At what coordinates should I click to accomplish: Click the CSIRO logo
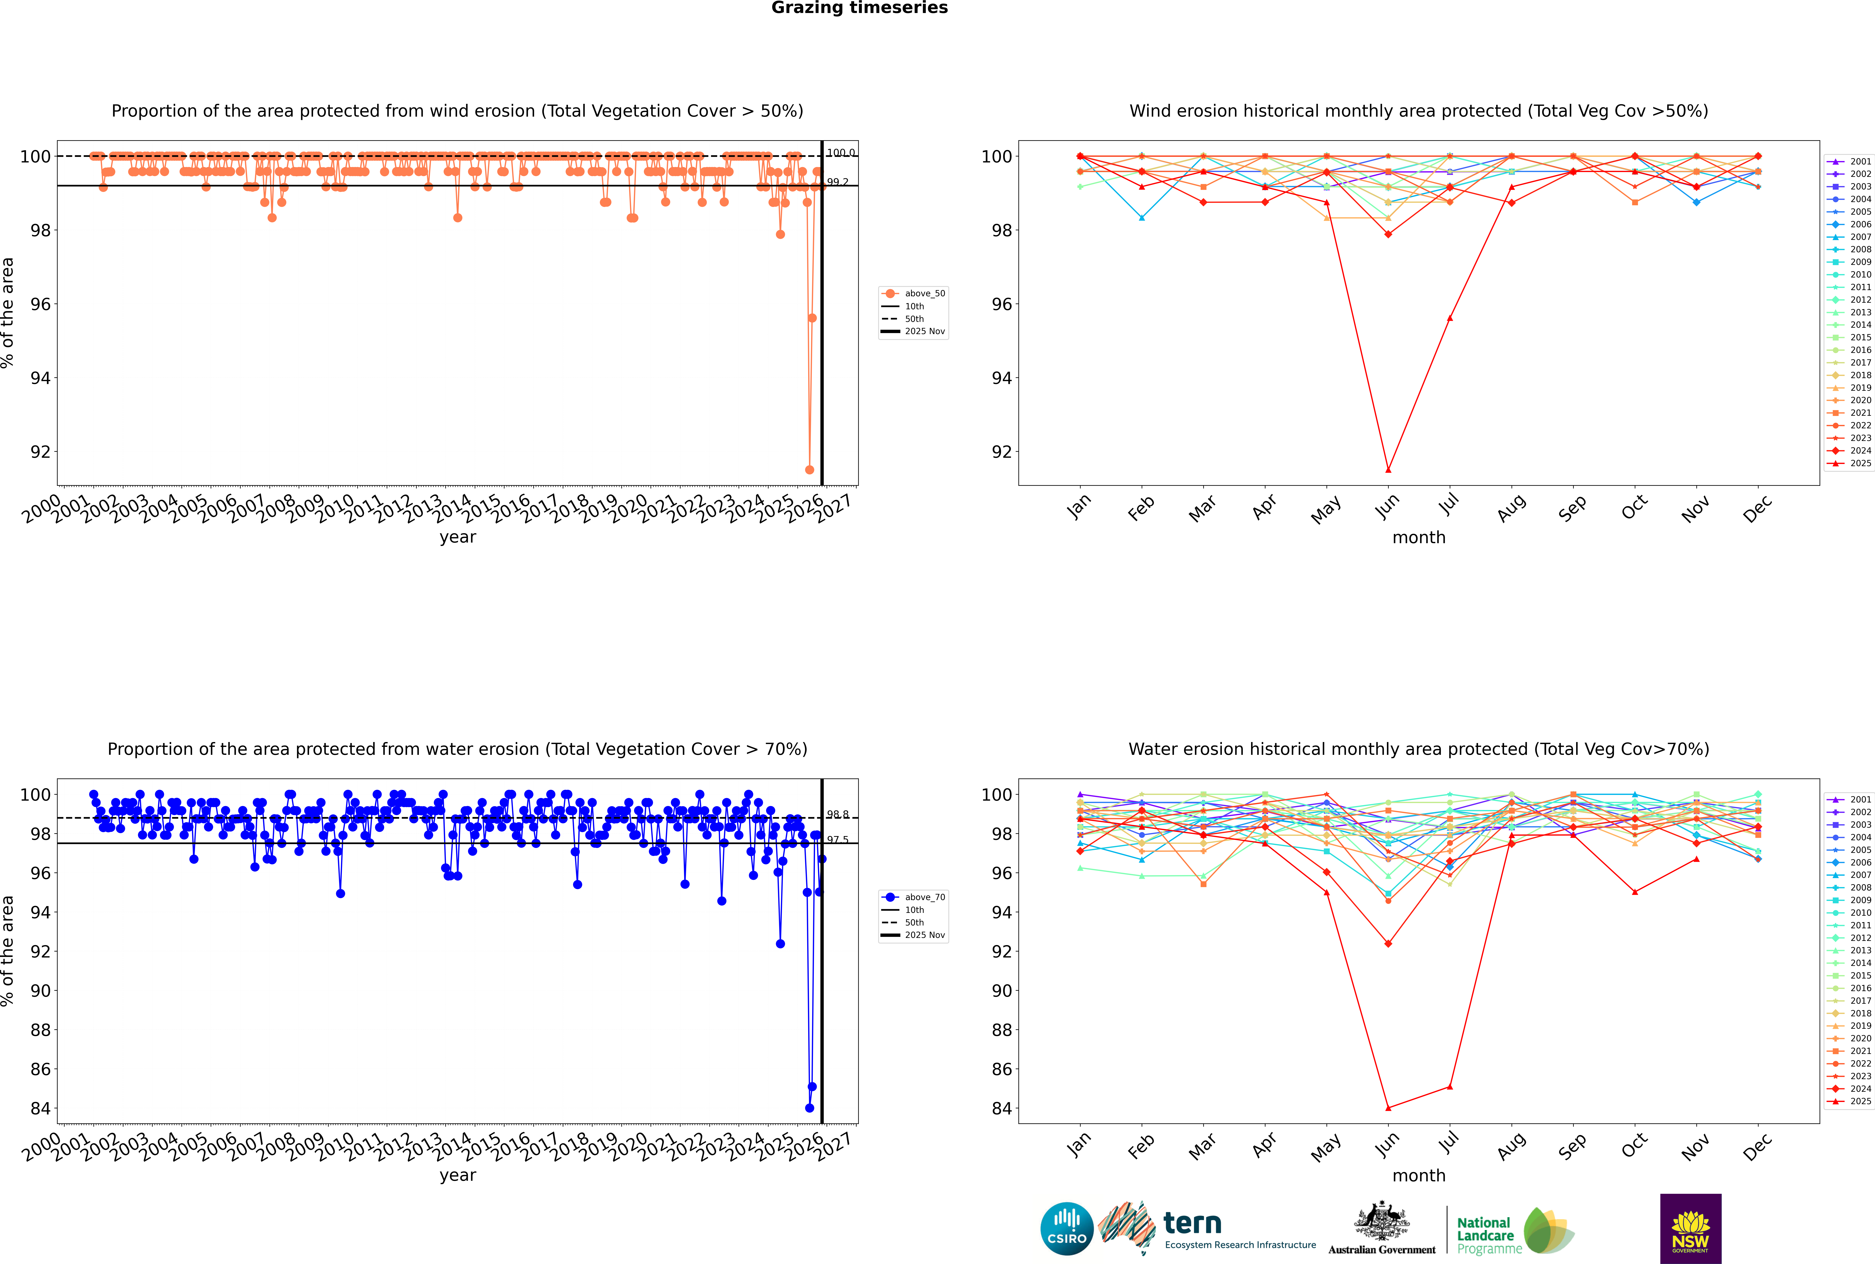click(x=1066, y=1229)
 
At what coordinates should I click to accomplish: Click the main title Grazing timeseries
click(x=859, y=8)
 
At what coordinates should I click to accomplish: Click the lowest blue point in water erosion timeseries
click(x=809, y=1108)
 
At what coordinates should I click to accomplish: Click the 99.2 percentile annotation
click(x=838, y=182)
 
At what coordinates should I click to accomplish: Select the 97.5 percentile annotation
click(x=838, y=840)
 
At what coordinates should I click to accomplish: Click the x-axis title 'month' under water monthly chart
click(x=1419, y=1175)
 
